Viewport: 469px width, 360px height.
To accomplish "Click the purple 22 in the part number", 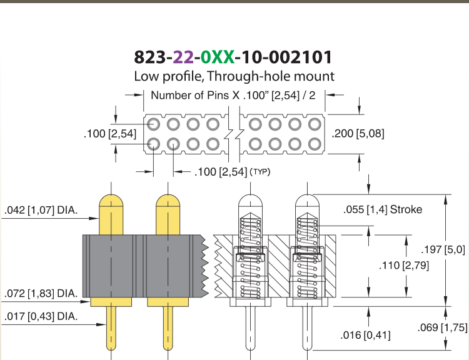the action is [x=183, y=57].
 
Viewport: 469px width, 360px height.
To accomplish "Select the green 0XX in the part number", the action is [x=218, y=57].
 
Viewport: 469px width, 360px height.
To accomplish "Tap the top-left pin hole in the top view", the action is [x=153, y=124].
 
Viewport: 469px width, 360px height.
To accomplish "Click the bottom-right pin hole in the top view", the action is [x=315, y=144].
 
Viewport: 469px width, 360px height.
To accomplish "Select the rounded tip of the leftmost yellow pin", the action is [x=111, y=200].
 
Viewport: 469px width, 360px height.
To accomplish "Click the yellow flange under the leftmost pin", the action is [x=111, y=302].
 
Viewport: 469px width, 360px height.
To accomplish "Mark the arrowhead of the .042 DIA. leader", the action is [x=94, y=218].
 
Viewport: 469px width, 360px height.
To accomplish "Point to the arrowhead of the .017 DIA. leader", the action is [x=102, y=324].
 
